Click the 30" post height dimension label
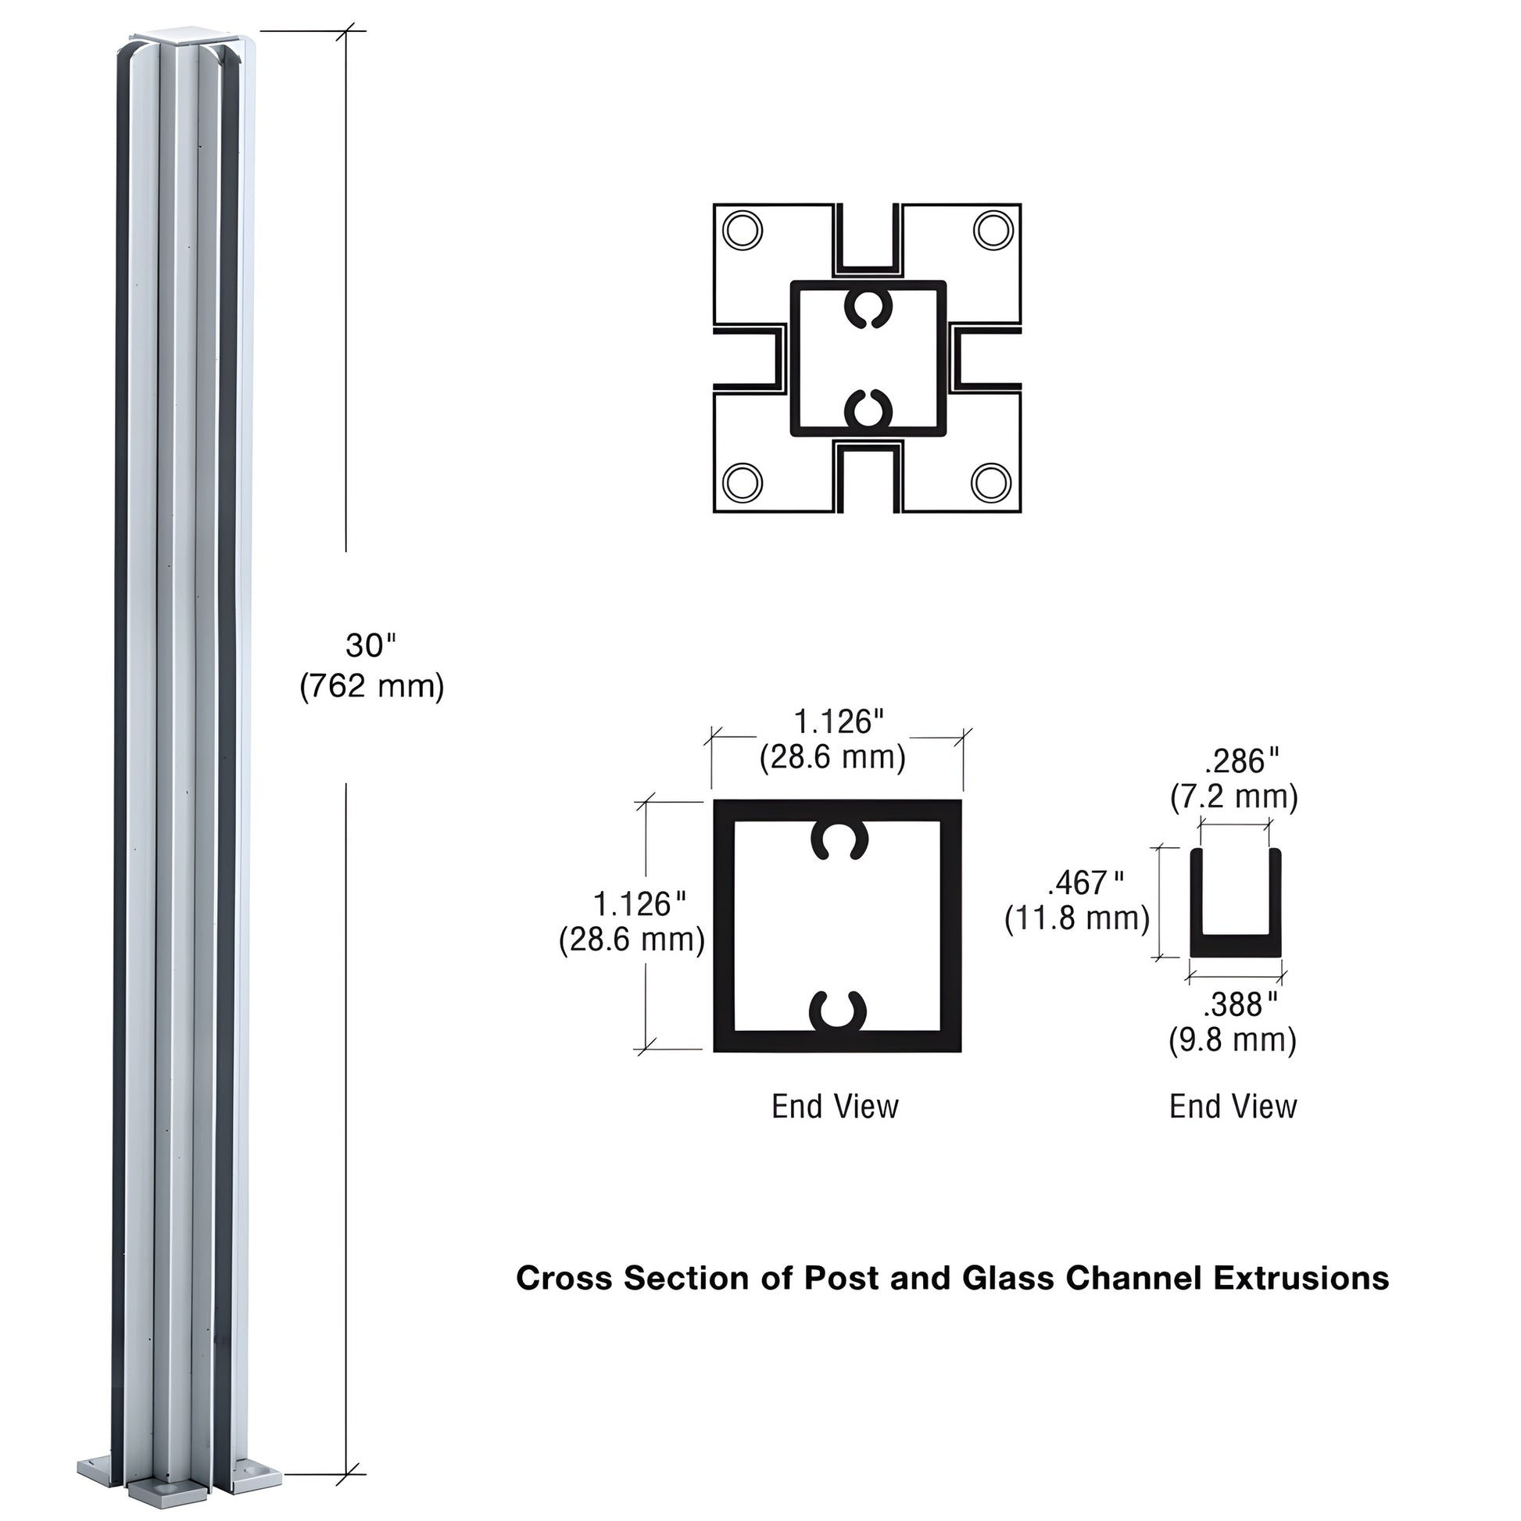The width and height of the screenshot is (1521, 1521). coord(370,646)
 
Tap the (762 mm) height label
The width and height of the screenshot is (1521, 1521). coord(371,686)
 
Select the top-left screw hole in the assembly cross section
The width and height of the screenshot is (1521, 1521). coord(742,231)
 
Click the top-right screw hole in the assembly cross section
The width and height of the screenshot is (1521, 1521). coord(993,231)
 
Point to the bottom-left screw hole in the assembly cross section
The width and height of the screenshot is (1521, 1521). coord(742,481)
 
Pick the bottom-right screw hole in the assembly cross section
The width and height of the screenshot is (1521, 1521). coord(991,481)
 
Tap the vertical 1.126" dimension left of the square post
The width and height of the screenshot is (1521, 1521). coord(639,904)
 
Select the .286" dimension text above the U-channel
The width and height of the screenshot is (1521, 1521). coord(1241,761)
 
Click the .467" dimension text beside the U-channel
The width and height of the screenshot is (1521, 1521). coord(1086,883)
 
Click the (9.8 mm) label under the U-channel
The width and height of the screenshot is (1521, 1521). coord(1232,1040)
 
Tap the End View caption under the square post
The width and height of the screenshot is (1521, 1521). coord(835,1106)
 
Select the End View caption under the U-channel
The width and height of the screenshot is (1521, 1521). coord(1233,1106)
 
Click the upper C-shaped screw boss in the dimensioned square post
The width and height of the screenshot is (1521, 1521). coord(839,841)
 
